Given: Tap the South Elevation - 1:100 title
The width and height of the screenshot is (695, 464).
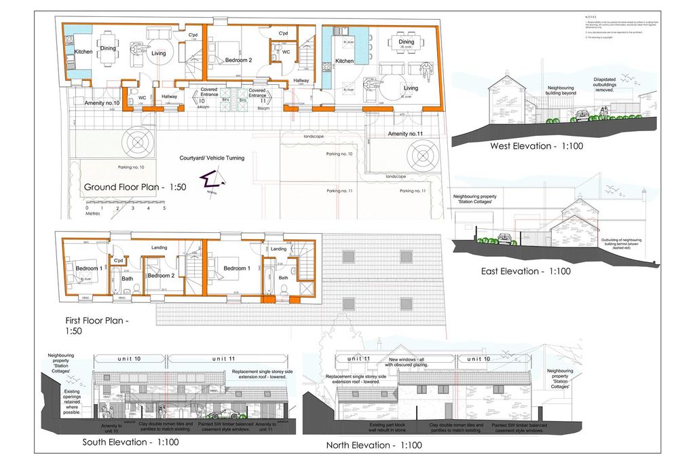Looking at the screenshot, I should tap(130, 442).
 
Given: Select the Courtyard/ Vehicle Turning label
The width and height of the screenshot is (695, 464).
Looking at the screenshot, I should tap(212, 158).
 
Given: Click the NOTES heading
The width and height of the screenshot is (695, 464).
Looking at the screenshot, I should tap(591, 16).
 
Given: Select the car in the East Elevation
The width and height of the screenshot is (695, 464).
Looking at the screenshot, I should tap(504, 239).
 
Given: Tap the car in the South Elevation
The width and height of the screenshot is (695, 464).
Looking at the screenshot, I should tap(223, 414).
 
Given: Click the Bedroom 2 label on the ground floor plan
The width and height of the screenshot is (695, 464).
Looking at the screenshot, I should tap(238, 60).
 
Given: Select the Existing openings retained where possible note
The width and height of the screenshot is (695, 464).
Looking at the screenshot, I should tap(72, 401).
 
